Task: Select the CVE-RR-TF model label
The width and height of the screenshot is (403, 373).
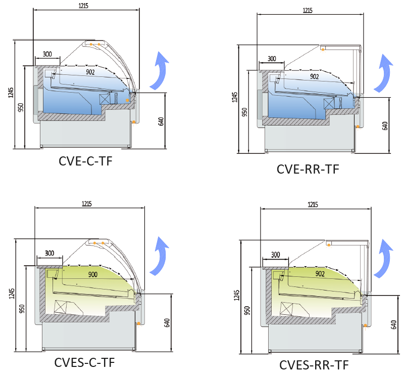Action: pyautogui.click(x=308, y=169)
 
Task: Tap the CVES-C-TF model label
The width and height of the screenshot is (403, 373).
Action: pyautogui.click(x=84, y=362)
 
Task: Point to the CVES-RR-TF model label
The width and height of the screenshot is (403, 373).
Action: pyautogui.click(x=314, y=365)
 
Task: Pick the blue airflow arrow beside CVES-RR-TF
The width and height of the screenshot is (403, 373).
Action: pyautogui.click(x=386, y=258)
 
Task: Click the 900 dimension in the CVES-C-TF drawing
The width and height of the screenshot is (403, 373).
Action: pyautogui.click(x=93, y=274)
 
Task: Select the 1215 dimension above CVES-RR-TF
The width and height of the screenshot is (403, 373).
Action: pyautogui.click(x=313, y=204)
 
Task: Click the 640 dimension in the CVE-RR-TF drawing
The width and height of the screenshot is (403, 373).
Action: pyautogui.click(x=385, y=126)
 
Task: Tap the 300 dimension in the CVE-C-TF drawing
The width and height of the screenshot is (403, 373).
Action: pyautogui.click(x=47, y=54)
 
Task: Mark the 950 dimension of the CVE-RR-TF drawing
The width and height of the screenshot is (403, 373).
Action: pyautogui.click(x=244, y=112)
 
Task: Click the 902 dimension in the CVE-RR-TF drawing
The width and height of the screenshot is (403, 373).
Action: pyautogui.click(x=314, y=76)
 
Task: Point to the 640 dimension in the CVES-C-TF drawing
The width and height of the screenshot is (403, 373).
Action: pyautogui.click(x=167, y=322)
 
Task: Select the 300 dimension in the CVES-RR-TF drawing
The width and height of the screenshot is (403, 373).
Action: pyautogui.click(x=275, y=255)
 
